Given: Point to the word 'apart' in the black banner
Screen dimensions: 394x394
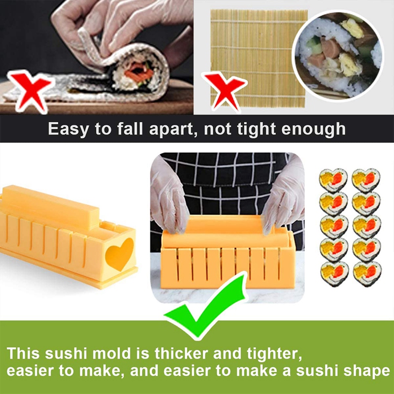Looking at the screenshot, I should (x=168, y=130).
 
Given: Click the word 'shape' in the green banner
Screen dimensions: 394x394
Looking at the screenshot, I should (x=362, y=370).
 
